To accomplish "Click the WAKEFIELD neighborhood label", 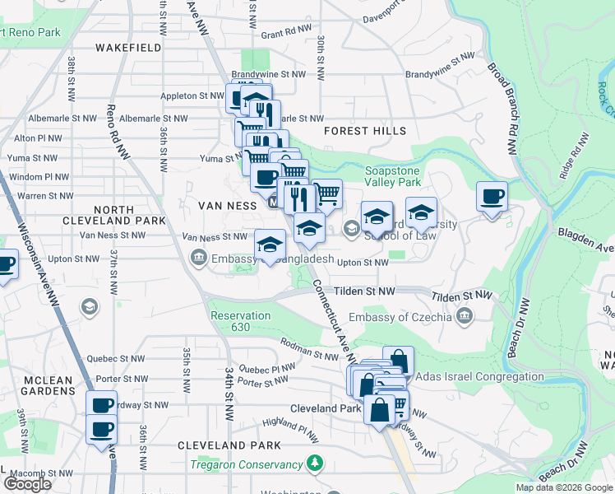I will tap(127, 48).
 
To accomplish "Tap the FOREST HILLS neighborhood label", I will tap(365, 131).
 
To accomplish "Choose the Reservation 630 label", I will tap(240, 321).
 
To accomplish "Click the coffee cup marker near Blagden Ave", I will tap(492, 197).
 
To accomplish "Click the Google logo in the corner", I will tap(27, 484).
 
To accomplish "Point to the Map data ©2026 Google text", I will tap(564, 487).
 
